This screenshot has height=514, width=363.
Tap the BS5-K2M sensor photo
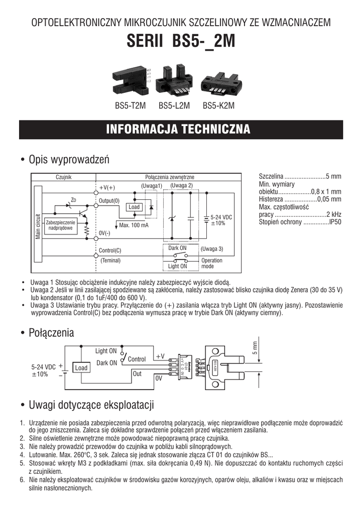pos(219,83)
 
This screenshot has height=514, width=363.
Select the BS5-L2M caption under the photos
pos(174,106)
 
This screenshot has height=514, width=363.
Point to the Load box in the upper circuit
pos(134,207)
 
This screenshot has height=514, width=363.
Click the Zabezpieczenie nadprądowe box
pos(60,225)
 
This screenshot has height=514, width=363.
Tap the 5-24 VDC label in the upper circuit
pos(221,216)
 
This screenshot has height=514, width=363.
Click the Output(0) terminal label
pos(109,200)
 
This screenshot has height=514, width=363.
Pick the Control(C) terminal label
pos(110,250)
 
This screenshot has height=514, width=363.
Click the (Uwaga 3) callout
pos(211,248)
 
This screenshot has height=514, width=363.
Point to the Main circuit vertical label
pos(37,227)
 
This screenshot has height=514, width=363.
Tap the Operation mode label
pos(211,264)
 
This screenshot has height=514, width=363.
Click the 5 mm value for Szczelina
pos(333,176)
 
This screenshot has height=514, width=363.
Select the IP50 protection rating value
pos(334,222)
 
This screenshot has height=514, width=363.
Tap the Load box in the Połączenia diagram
pos(81,368)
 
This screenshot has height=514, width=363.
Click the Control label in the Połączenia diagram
pos(137,359)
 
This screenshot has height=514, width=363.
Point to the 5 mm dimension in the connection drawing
pos(255,347)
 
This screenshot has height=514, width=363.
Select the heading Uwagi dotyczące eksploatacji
pos(91,405)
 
